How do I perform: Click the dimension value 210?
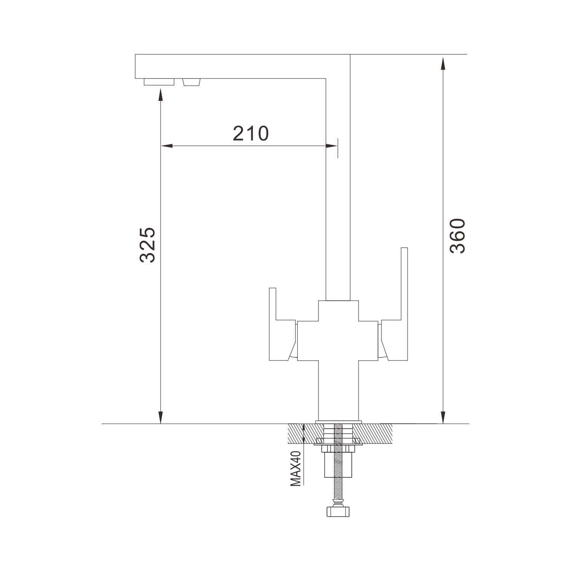pyautogui.click(x=251, y=133)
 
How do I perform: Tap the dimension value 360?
pyautogui.click(x=457, y=236)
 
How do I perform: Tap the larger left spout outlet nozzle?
pyautogui.click(x=159, y=82)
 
